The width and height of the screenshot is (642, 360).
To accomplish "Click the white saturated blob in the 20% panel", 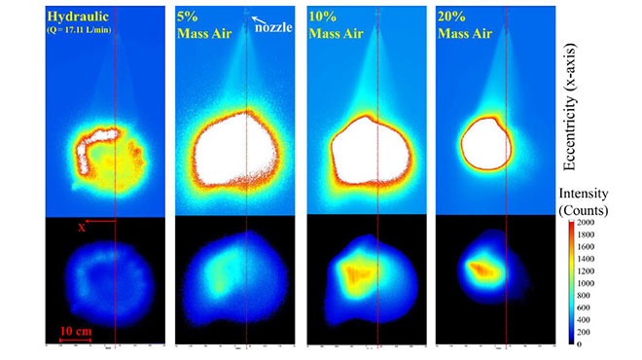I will click(484, 143).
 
